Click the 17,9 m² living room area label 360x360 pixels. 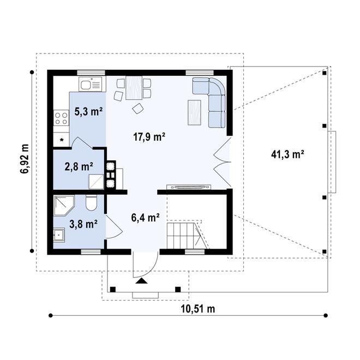(149, 137)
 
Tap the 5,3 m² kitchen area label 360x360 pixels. (88, 112)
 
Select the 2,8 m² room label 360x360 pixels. (79, 167)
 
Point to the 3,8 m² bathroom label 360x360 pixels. (83, 224)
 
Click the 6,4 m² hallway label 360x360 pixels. (146, 218)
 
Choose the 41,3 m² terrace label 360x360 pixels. (287, 154)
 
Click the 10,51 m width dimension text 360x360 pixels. (198, 309)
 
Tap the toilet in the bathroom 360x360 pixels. (91, 203)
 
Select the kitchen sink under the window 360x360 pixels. (90, 84)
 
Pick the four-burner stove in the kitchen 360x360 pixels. (61, 118)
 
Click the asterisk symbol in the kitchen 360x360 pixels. (62, 140)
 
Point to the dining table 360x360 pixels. (134, 88)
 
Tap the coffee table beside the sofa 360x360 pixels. (194, 112)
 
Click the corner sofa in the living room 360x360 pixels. (211, 101)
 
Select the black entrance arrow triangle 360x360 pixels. (141, 280)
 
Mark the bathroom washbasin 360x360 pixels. (59, 235)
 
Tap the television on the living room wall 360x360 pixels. (189, 187)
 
